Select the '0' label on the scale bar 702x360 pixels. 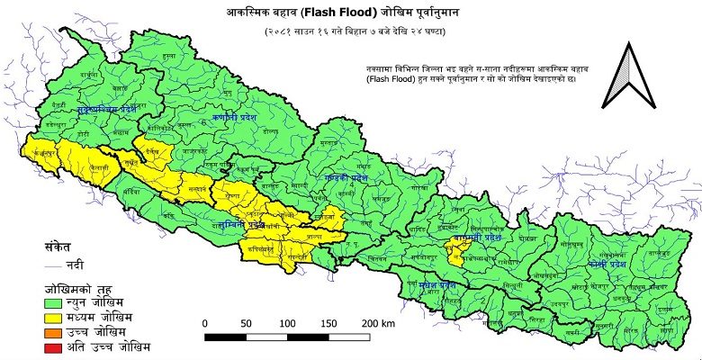click(x=205, y=322)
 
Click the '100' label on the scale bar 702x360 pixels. click(x=288, y=322)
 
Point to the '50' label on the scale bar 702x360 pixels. click(x=247, y=322)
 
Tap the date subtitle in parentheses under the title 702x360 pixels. click(x=350, y=32)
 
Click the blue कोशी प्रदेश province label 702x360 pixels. click(x=609, y=267)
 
